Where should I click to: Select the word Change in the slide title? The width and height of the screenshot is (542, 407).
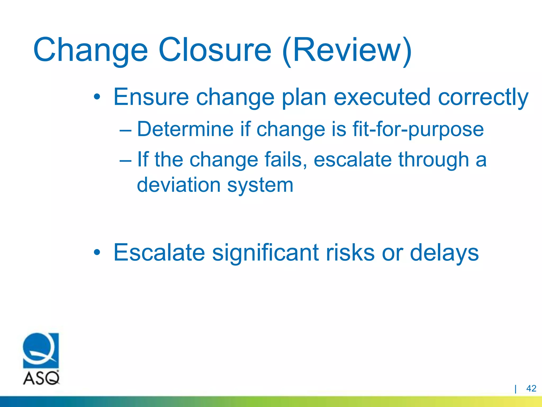pos(90,50)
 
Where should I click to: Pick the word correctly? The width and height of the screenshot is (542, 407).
pos(483,98)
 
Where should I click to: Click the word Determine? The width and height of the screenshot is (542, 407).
pos(185,129)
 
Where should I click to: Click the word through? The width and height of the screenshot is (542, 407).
pos(433,160)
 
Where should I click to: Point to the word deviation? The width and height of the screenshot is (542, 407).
pos(179,185)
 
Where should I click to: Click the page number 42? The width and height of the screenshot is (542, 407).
pos(531,388)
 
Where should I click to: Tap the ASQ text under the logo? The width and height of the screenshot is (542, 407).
pos(41,378)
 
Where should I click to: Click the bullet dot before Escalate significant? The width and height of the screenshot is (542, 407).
pos(97,253)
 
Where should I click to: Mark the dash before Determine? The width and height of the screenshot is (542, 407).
pos(125,130)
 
